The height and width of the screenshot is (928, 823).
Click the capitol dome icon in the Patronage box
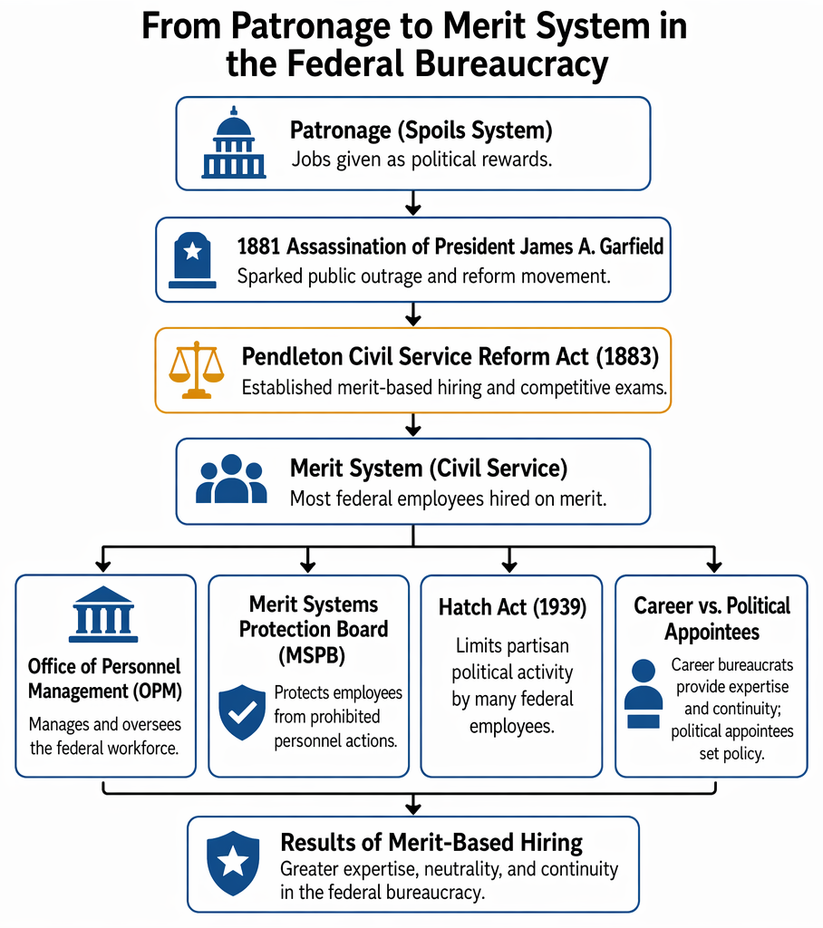234,142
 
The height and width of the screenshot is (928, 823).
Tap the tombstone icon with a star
192,260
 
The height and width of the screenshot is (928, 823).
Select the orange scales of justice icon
197,370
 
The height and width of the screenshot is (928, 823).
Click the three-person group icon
231,478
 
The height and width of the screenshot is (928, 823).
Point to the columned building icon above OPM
103,614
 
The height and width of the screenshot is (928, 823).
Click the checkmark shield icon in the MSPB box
242,712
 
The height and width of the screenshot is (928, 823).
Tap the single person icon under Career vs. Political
643,693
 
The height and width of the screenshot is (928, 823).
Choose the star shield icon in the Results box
233,863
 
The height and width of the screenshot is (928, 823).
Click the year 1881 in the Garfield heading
258,246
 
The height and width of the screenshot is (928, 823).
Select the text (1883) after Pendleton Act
627,357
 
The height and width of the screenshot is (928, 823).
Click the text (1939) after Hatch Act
559,607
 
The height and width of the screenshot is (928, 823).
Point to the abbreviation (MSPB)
312,656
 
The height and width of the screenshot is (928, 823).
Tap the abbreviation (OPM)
157,691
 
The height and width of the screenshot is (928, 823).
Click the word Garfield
632,246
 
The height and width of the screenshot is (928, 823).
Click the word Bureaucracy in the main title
508,64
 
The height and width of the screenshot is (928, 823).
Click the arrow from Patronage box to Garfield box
413,203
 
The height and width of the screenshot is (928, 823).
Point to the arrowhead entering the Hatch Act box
509,566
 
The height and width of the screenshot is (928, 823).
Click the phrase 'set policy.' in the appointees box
731,753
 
